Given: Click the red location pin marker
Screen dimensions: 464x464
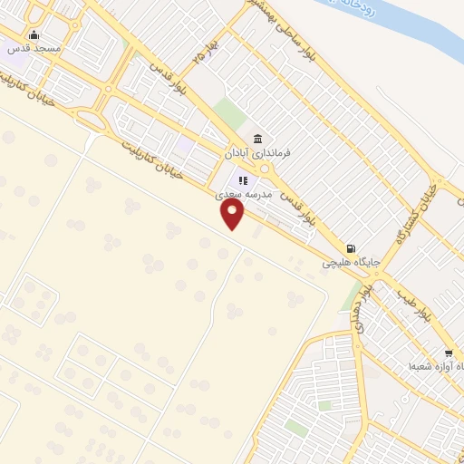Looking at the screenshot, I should [x=233, y=214].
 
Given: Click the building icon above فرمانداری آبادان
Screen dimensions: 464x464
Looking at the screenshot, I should [x=258, y=139].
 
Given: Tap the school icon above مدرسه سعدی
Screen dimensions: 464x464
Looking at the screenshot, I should [x=242, y=180].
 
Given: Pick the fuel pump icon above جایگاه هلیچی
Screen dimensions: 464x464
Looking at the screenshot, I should [x=351, y=248].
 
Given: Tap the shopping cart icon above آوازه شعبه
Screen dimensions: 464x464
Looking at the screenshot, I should [x=449, y=353].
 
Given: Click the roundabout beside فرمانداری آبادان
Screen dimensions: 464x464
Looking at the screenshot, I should [x=264, y=169].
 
